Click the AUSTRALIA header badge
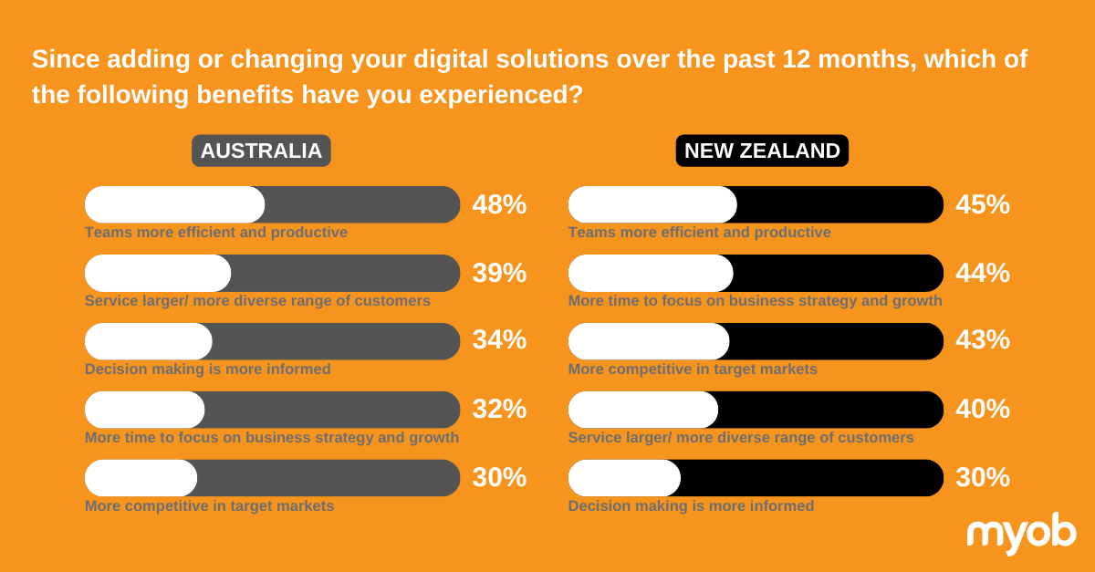[261, 151]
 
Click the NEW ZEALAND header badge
[762, 151]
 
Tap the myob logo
[1021, 533]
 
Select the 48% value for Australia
[499, 204]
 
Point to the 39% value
[499, 273]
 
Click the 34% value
[499, 339]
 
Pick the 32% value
[499, 409]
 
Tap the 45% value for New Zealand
[983, 204]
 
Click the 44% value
[983, 273]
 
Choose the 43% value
[983, 339]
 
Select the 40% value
[983, 409]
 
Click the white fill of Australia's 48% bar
[174, 204]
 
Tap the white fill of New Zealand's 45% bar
[652, 204]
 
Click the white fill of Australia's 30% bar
[141, 478]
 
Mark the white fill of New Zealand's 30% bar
[624, 478]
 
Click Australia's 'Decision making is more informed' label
[208, 369]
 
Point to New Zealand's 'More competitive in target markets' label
[693, 369]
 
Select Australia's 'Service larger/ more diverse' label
[257, 301]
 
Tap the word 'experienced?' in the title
[501, 95]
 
